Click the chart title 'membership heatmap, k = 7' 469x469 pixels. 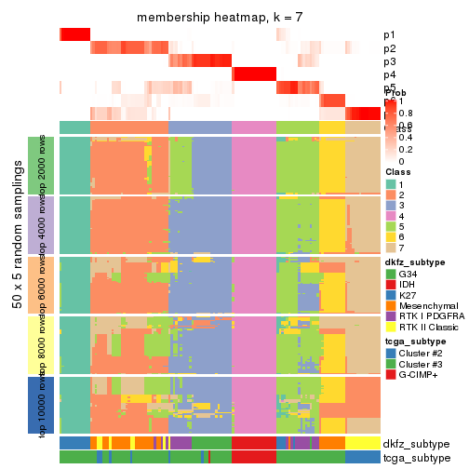(x=220, y=19)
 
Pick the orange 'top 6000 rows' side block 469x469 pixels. (x=47, y=285)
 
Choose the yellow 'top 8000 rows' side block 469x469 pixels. (x=47, y=344)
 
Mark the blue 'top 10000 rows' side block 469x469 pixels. (x=47, y=404)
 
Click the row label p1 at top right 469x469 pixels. (x=389, y=35)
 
